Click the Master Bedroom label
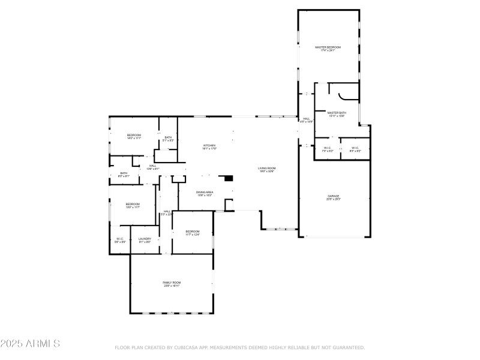coord(328,47)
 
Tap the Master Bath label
coord(337,112)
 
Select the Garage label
coord(333,196)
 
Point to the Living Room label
coord(266,168)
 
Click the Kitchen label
coord(209,145)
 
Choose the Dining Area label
coord(205,192)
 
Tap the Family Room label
coord(172,282)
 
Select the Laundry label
coord(145,239)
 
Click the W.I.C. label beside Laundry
coord(119,239)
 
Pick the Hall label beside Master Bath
coord(306,119)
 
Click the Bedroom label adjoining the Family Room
coord(192,232)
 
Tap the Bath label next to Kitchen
coord(168,137)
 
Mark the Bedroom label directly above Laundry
coord(133,204)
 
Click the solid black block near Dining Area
coord(227,178)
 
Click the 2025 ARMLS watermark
coord(30,344)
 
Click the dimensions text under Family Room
coord(172,286)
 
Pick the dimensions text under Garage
coord(333,199)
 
